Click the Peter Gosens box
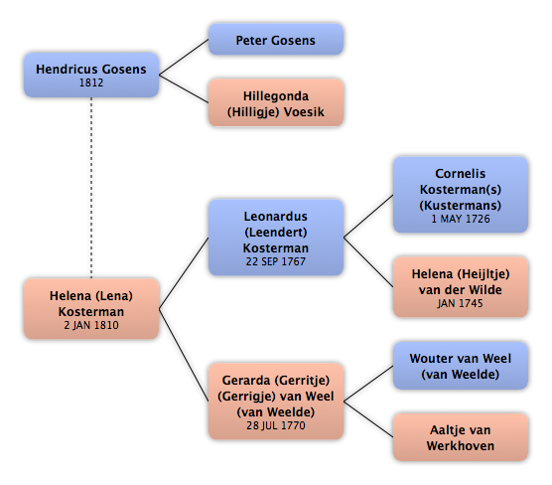pyautogui.click(x=276, y=39)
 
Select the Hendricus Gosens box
pyautogui.click(x=91, y=75)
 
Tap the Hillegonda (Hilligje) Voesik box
pyautogui.click(x=276, y=102)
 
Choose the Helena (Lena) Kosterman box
pyautogui.click(x=91, y=309)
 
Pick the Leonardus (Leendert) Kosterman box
pyautogui.click(x=276, y=238)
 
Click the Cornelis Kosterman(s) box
pyautogui.click(x=461, y=195)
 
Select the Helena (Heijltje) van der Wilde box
pyautogui.click(x=461, y=287)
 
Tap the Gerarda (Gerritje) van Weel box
pyautogui.click(x=276, y=402)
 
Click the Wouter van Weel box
pyautogui.click(x=461, y=366)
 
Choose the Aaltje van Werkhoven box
pyautogui.click(x=461, y=437)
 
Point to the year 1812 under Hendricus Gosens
pyautogui.click(x=91, y=82)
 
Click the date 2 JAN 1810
pyautogui.click(x=91, y=325)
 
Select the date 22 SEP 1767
pyautogui.click(x=276, y=261)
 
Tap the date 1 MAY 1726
pyautogui.click(x=461, y=219)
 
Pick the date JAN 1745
pyautogui.click(x=460, y=303)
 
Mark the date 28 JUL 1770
pyautogui.click(x=276, y=425)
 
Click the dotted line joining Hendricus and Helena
pyautogui.click(x=91, y=188)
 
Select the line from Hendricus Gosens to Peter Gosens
pyautogui.click(x=184, y=57)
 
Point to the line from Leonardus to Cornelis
pyautogui.click(x=368, y=216)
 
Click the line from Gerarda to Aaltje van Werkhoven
pyautogui.click(x=368, y=419)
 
